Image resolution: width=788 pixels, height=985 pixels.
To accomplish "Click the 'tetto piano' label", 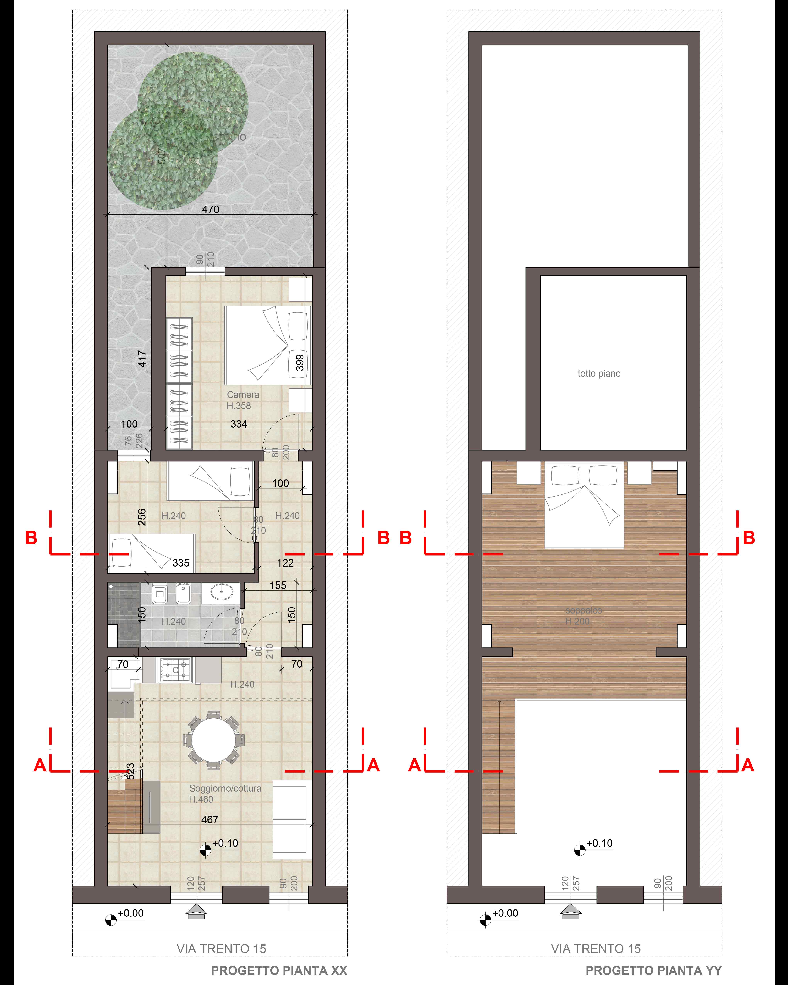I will click(599, 374).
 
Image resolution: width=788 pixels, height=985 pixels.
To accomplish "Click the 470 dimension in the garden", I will click(211, 209).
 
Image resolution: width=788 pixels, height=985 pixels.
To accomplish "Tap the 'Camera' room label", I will click(243, 395).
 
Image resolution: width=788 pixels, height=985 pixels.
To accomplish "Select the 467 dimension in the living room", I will click(210, 820).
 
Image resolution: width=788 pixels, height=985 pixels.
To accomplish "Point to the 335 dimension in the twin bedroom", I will click(181, 563).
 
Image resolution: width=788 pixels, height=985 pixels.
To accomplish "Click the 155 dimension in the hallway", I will click(278, 585).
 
